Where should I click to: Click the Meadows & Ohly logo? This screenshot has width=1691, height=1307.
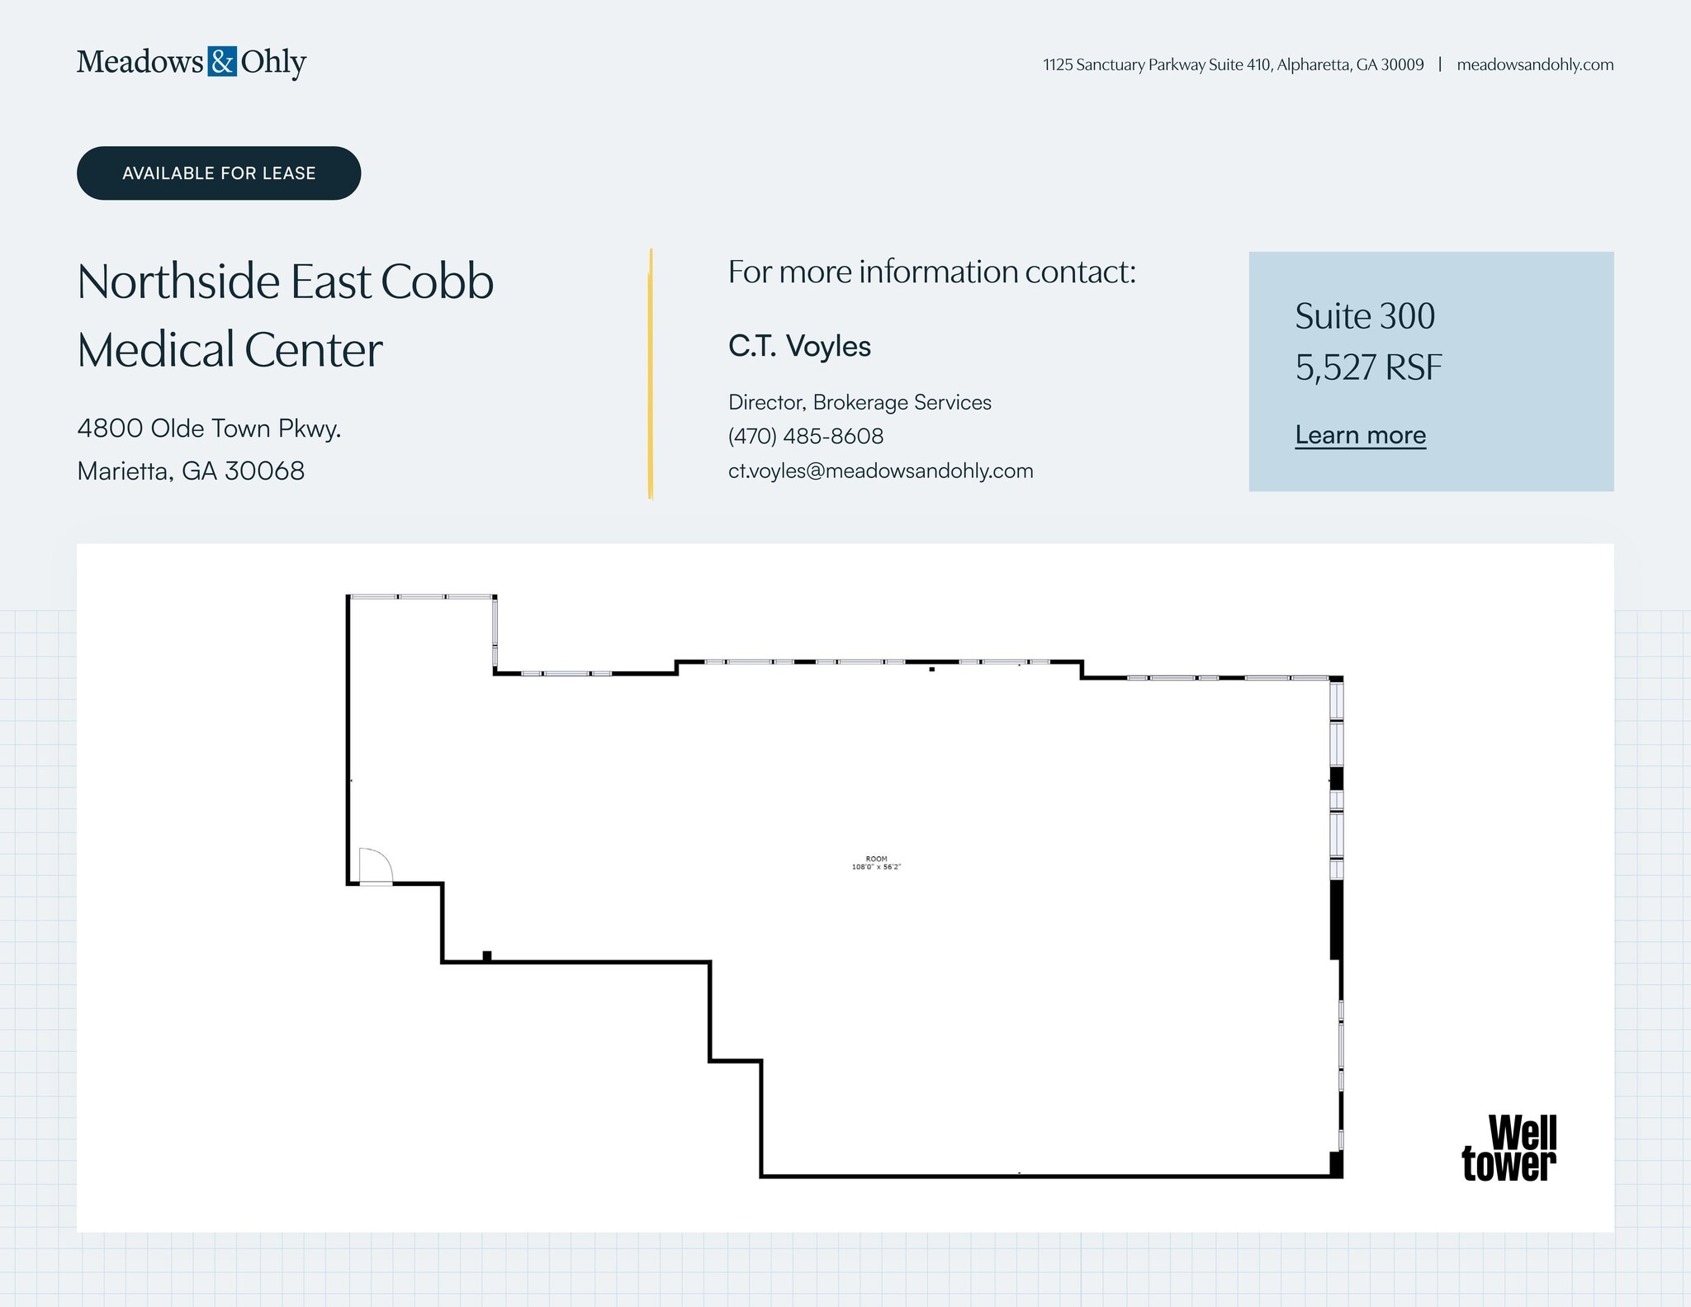(191, 62)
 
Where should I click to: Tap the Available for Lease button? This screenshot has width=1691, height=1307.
(219, 173)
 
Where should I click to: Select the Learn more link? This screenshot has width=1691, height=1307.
(1360, 435)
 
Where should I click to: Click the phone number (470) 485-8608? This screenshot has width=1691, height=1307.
(806, 436)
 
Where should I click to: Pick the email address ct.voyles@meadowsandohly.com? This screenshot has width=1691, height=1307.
(880, 471)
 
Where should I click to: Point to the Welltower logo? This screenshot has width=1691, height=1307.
(1509, 1148)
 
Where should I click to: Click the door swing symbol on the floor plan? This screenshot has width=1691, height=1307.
(375, 867)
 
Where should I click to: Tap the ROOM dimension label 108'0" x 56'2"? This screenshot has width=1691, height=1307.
(876, 863)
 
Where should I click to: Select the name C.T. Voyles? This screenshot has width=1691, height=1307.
(799, 346)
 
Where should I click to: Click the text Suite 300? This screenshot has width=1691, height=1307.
(1365, 316)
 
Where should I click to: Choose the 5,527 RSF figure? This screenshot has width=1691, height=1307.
(1368, 367)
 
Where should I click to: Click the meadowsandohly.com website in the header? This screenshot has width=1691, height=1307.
(1534, 64)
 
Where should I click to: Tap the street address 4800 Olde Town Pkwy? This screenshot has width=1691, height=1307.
(209, 429)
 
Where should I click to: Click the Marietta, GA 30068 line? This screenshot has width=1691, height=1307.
(191, 471)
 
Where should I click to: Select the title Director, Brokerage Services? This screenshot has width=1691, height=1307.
(860, 402)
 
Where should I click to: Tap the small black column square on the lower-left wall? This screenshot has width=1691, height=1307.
(487, 956)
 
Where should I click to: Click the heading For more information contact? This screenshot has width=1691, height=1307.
(931, 272)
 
